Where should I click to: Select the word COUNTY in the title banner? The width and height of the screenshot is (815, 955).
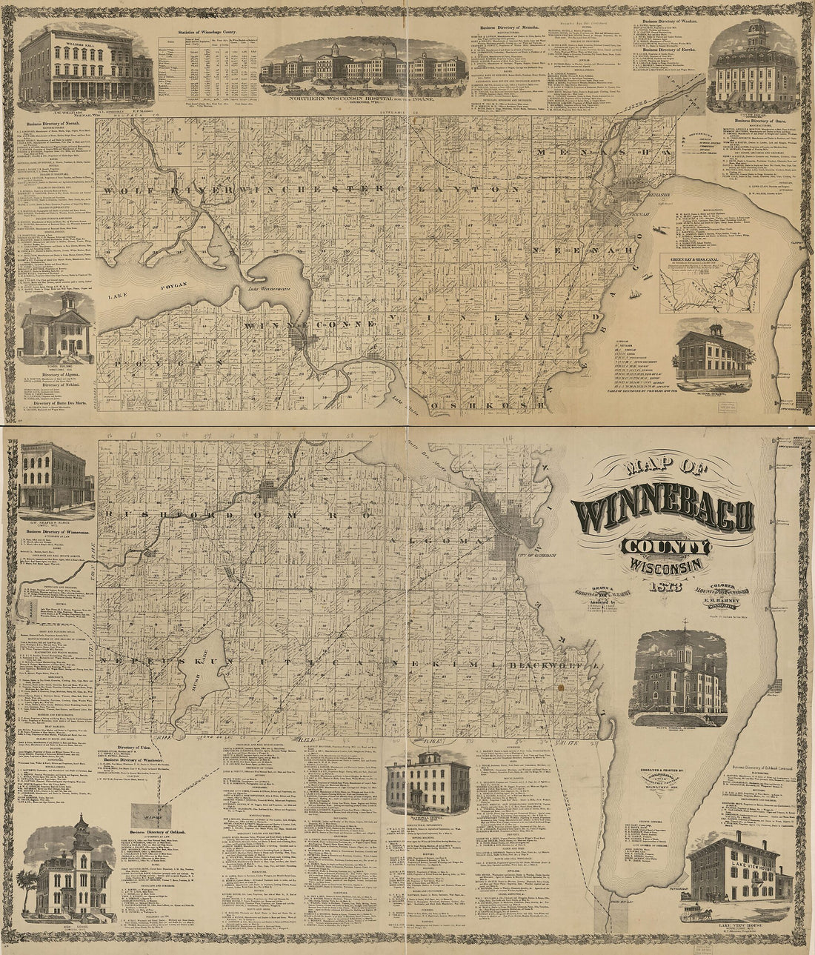coord(665,547)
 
